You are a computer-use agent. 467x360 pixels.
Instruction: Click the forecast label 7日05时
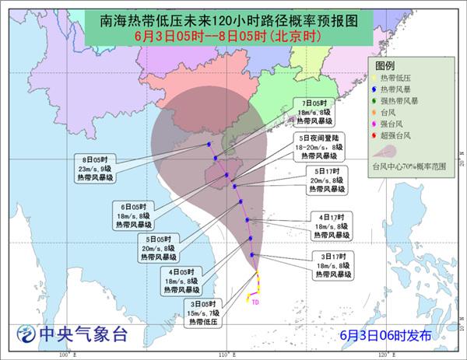[315, 103]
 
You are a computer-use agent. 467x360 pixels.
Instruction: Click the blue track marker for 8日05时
[209, 144]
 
